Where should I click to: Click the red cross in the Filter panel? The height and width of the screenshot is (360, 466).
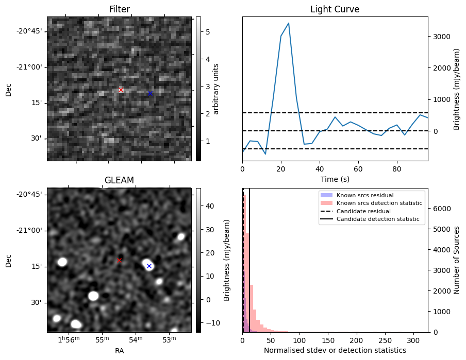121,90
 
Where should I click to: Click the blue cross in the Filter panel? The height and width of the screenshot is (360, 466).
150,93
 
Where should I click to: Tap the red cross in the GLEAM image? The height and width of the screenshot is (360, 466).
119,260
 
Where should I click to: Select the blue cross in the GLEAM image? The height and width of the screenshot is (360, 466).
149,266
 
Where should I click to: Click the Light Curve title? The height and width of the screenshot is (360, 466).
335,10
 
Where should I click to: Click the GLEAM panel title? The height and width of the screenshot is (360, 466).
119,180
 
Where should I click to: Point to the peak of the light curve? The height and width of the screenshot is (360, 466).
288,23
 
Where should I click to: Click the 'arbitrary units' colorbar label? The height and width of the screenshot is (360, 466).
217,89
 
